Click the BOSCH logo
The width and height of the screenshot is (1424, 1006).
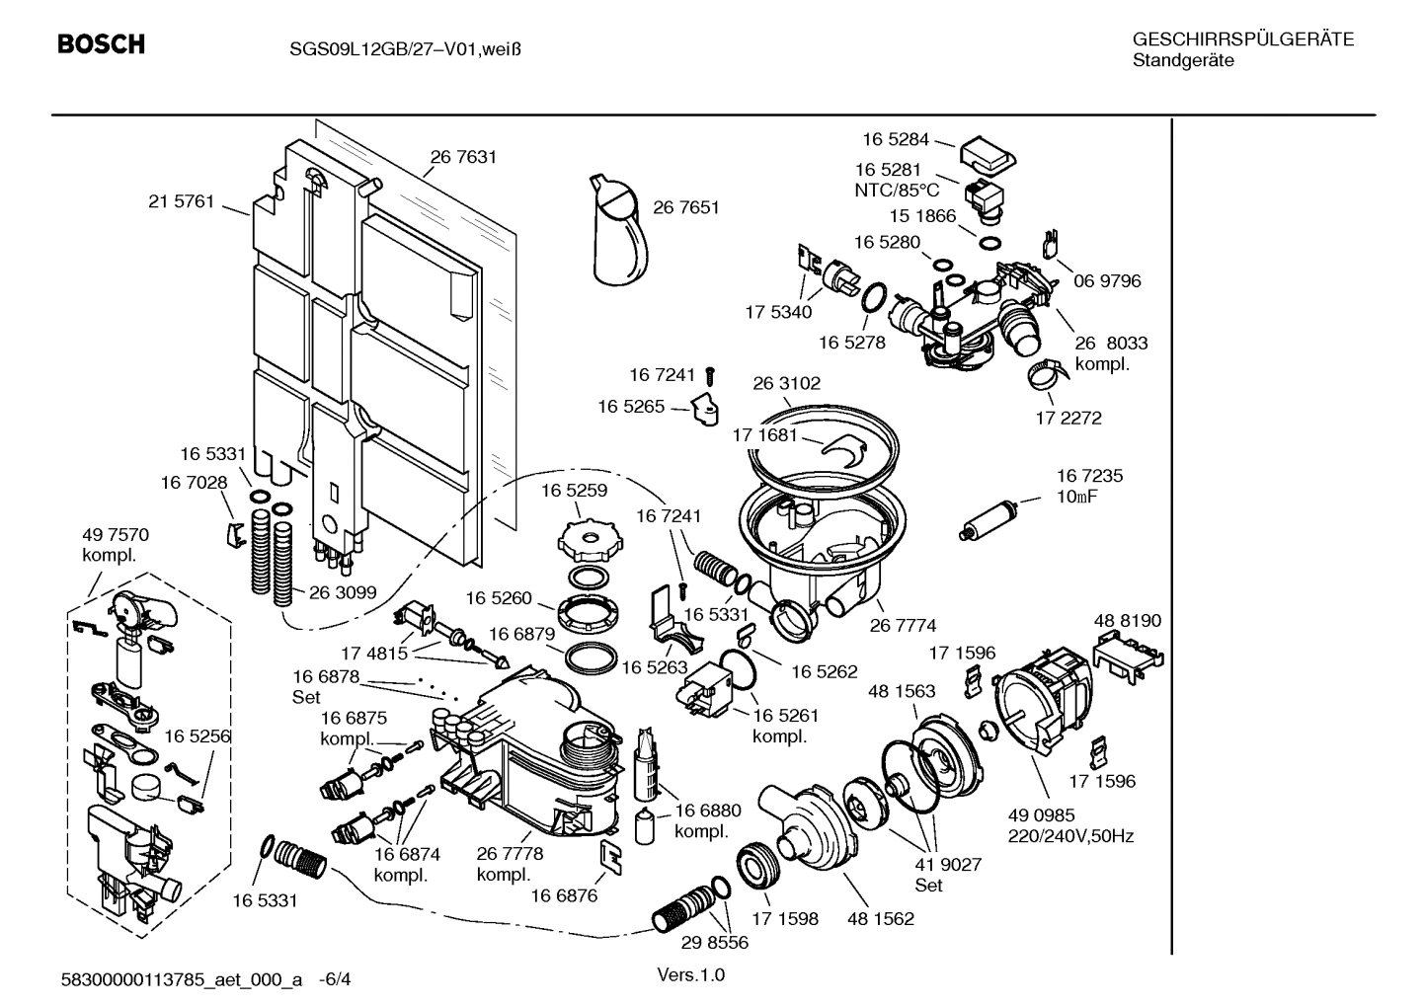(101, 44)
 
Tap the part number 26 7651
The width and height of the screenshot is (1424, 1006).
(685, 207)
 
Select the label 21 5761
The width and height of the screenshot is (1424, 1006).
(181, 201)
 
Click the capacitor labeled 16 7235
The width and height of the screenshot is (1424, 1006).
(989, 519)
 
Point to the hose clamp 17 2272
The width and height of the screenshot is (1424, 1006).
(1045, 374)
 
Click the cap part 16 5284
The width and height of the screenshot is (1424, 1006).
(988, 154)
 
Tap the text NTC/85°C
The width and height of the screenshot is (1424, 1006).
(897, 190)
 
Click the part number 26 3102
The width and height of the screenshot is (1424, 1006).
(786, 383)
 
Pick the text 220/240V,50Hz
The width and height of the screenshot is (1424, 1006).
(1070, 836)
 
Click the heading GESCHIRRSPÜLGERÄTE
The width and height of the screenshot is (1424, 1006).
(1243, 39)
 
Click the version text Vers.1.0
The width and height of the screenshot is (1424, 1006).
(690, 975)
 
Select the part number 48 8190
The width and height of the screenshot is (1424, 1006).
(1128, 621)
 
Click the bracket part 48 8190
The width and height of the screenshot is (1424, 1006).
(1129, 654)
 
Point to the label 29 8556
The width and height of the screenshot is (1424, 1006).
(714, 943)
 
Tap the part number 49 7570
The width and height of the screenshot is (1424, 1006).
(115, 535)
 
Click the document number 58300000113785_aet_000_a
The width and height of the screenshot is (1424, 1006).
(181, 980)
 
